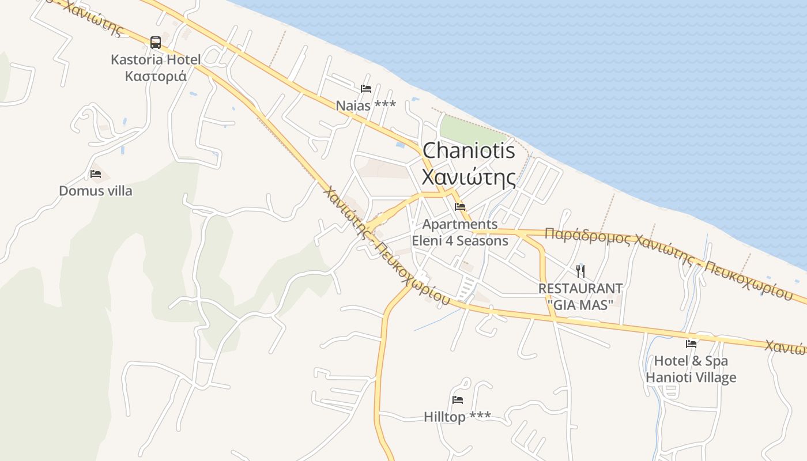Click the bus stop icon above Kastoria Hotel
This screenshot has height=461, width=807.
pos(156,42)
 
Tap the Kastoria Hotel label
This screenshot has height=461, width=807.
pos(156,59)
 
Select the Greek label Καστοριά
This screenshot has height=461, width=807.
pos(156,76)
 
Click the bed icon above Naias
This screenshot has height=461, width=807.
pos(365,88)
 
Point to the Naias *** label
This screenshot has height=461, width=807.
pos(366,105)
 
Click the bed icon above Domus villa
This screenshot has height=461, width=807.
pos(96,173)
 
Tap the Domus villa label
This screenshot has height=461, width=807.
pos(96,191)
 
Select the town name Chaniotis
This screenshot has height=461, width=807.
pos(469,151)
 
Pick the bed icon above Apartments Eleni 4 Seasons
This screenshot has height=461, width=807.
pos(460,206)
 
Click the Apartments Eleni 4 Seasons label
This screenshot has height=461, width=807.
pos(460,232)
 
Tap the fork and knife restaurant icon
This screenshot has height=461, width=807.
pos(580,271)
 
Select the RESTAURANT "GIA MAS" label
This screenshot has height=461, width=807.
pos(580,296)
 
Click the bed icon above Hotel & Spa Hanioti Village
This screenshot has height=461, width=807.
pos(691,344)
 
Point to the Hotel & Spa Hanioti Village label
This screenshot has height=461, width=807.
pos(691,369)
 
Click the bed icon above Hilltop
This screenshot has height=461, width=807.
pos(458,399)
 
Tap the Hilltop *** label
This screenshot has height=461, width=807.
pos(458,417)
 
